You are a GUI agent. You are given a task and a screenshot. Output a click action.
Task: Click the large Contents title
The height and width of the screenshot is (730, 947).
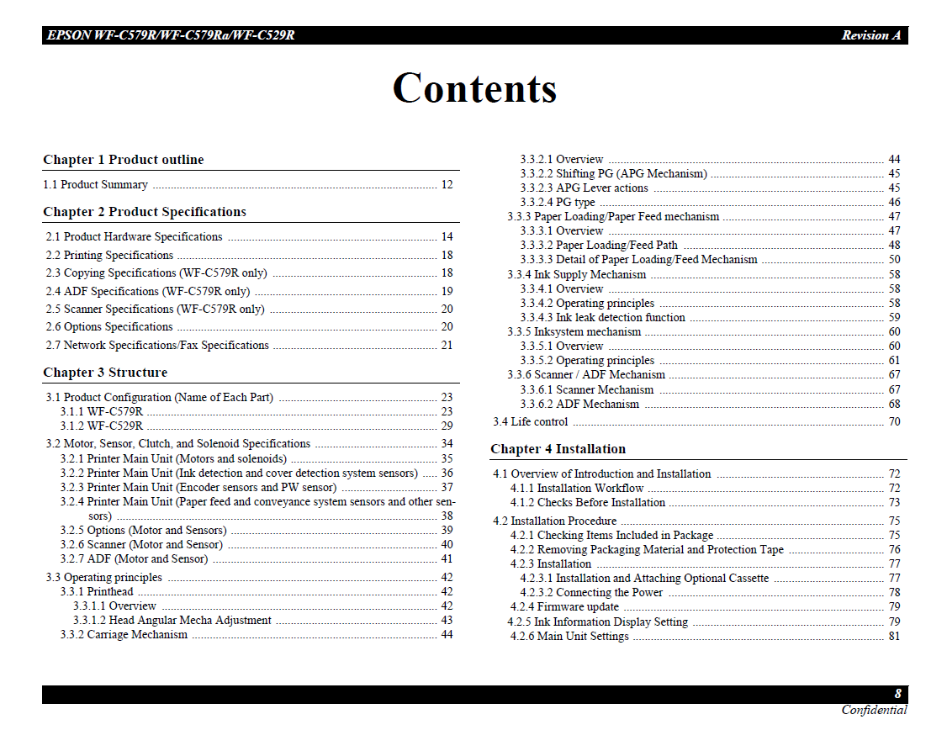(x=474, y=88)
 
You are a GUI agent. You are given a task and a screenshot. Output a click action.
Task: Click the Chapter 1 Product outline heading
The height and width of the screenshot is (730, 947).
(x=124, y=160)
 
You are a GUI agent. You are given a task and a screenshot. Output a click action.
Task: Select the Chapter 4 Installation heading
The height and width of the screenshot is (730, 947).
(x=558, y=449)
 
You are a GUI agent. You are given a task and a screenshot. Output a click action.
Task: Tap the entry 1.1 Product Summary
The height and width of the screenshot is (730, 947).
(x=95, y=185)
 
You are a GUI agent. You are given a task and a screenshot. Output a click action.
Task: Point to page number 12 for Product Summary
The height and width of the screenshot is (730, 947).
(x=447, y=185)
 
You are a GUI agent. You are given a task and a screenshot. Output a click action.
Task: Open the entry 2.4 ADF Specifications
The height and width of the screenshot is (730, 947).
(x=148, y=292)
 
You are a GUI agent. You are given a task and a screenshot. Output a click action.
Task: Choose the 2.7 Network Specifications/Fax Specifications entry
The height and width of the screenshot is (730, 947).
(x=157, y=346)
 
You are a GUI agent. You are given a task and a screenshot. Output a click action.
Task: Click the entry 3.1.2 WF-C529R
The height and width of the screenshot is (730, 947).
(x=101, y=426)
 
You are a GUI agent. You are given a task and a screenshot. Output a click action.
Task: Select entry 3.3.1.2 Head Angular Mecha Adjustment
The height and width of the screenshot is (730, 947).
(x=172, y=621)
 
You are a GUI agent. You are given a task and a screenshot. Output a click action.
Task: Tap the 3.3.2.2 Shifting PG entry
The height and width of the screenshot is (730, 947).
(x=613, y=174)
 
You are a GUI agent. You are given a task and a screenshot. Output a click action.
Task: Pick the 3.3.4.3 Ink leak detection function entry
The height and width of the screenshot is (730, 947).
(x=602, y=318)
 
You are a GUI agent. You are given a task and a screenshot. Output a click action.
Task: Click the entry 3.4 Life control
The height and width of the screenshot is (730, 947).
(x=530, y=422)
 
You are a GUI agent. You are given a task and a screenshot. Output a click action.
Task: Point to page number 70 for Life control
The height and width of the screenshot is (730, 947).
(x=894, y=422)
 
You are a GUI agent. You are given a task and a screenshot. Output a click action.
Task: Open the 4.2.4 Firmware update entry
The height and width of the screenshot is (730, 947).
(x=564, y=607)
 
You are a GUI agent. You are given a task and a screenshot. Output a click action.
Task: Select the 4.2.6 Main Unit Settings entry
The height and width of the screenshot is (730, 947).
(x=569, y=637)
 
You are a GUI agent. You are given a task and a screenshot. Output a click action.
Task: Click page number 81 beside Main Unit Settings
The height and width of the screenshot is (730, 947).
(x=894, y=637)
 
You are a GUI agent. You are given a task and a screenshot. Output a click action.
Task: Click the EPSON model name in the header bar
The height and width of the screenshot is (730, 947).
(x=171, y=35)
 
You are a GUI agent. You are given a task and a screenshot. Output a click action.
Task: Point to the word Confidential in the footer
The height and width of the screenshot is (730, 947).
(x=874, y=711)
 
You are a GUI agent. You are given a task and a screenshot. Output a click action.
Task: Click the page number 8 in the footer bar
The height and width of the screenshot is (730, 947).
(x=897, y=695)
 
